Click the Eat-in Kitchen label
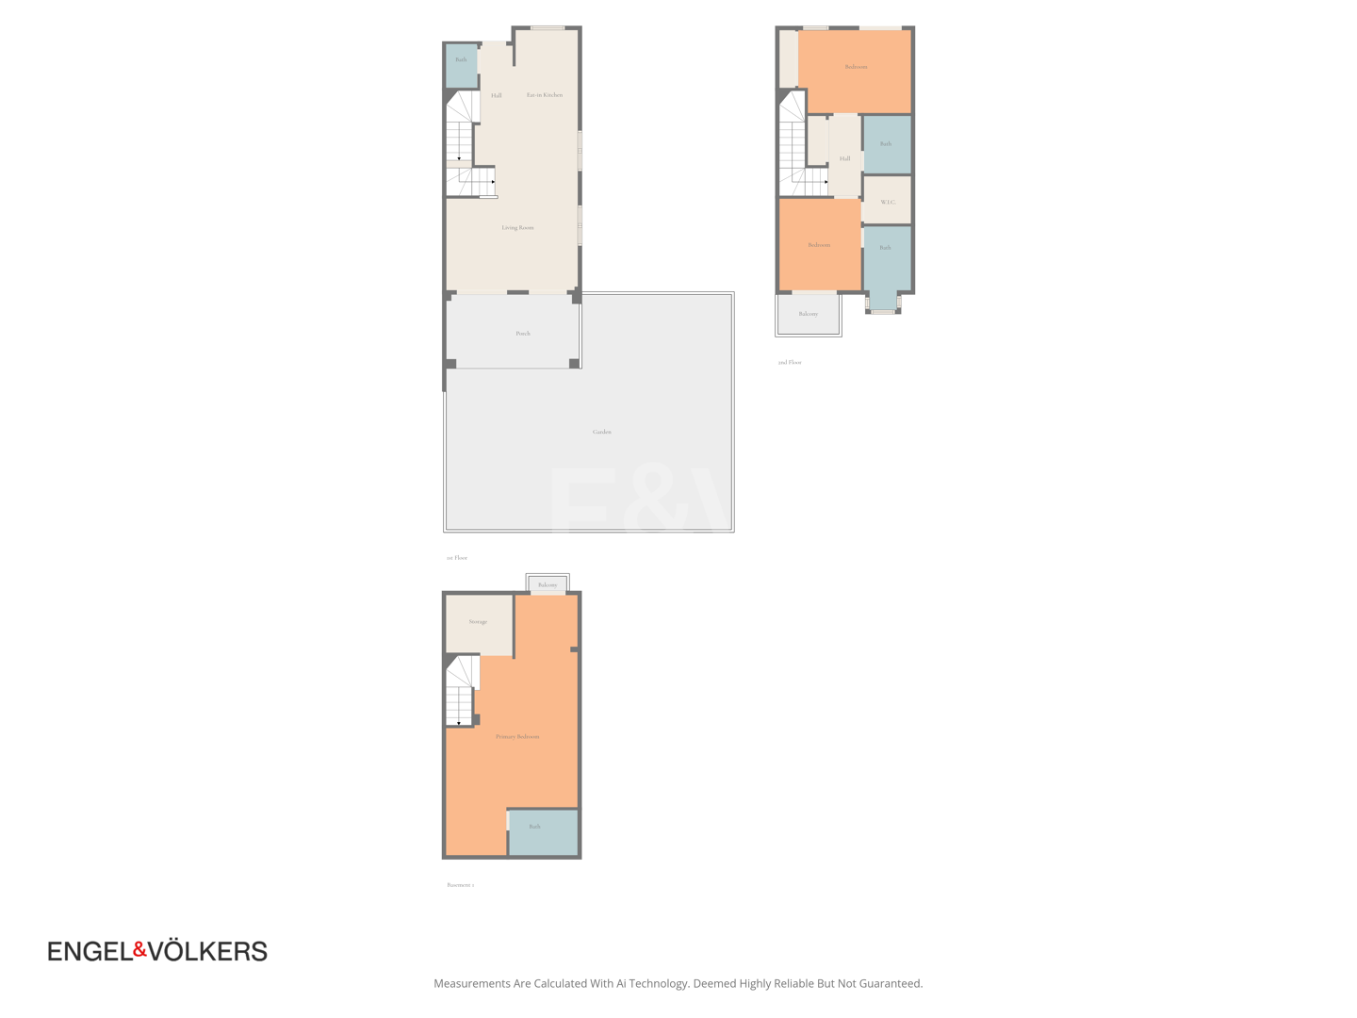pyautogui.click(x=545, y=95)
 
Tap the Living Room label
pyautogui.click(x=517, y=228)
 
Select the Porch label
pyautogui.click(x=523, y=334)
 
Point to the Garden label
pyautogui.click(x=602, y=432)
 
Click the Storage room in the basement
pyautogui.click(x=479, y=622)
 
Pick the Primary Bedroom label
pyautogui.click(x=517, y=737)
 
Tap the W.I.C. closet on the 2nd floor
pyautogui.click(x=888, y=203)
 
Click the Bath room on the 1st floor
pyautogui.click(x=461, y=60)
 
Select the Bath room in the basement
pyautogui.click(x=535, y=827)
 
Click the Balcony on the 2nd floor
pyautogui.click(x=809, y=314)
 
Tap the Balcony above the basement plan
pyautogui.click(x=548, y=585)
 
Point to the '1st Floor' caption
pyautogui.click(x=457, y=558)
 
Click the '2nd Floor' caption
pyautogui.click(x=790, y=363)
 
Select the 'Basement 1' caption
pyautogui.click(x=461, y=885)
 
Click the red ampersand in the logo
pyautogui.click(x=140, y=949)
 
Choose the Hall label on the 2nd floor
pyautogui.click(x=845, y=159)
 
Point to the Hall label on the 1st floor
pyautogui.click(x=497, y=96)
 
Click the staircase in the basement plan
pyautogui.click(x=460, y=693)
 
